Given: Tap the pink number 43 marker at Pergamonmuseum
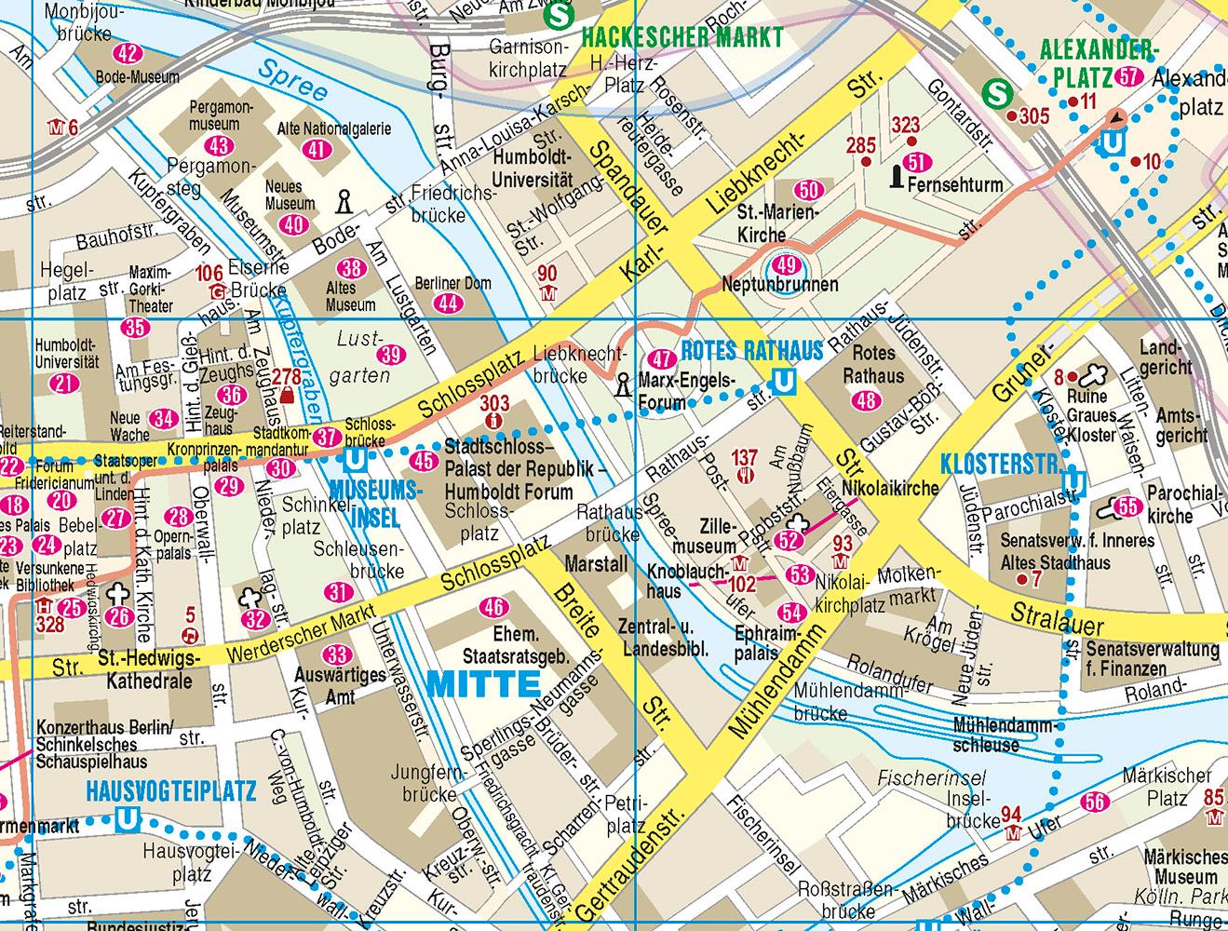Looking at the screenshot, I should (x=220, y=146).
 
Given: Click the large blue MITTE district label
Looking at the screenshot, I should (x=483, y=683).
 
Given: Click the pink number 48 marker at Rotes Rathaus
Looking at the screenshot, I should (x=866, y=400).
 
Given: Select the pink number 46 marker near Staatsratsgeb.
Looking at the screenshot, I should (x=493, y=608).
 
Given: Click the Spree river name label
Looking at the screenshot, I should (x=293, y=81).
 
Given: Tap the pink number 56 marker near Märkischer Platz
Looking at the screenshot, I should (x=1095, y=803).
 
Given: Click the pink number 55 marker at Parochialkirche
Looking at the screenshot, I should (x=1127, y=507).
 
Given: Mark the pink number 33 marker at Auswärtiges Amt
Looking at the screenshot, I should (x=339, y=655).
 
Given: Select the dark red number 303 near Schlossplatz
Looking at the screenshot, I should (x=494, y=403).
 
